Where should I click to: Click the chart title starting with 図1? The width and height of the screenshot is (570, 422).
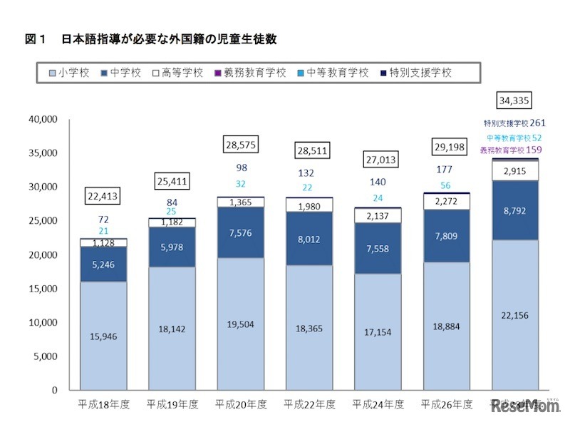click(x=150, y=40)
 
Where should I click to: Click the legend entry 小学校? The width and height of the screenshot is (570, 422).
click(x=68, y=73)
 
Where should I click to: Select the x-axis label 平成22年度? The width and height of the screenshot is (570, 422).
click(x=310, y=404)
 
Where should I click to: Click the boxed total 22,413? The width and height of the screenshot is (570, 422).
click(x=103, y=195)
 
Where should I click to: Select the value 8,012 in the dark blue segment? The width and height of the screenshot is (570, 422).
click(x=310, y=240)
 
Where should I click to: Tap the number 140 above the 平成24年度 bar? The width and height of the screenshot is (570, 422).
click(x=379, y=182)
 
